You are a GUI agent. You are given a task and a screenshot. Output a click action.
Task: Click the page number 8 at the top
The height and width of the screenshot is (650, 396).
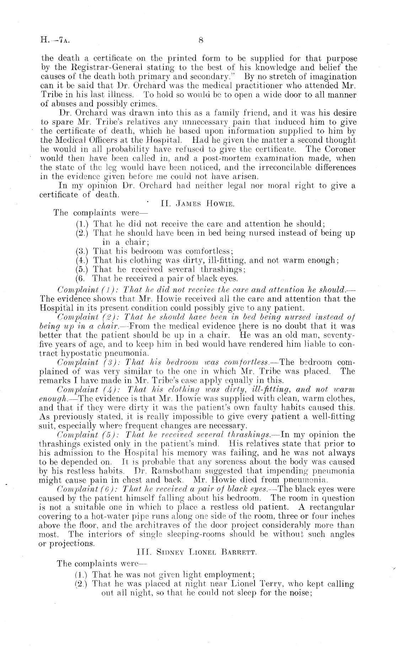coord(200,40)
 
